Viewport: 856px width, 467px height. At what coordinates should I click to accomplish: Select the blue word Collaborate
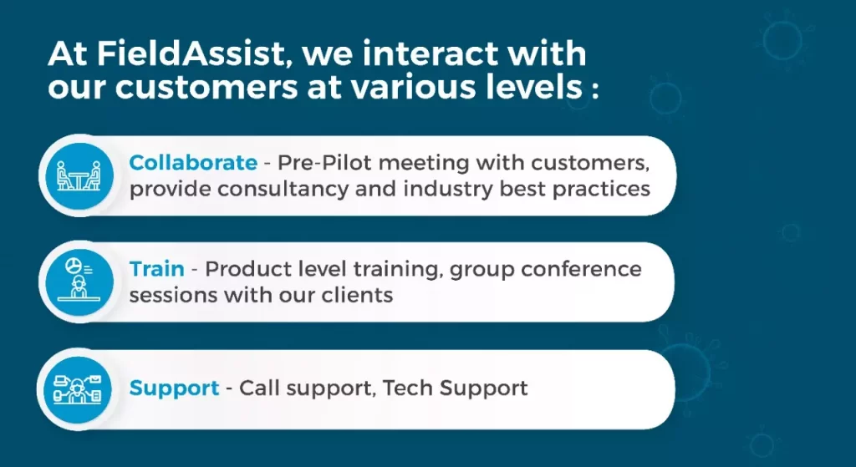pyautogui.click(x=193, y=162)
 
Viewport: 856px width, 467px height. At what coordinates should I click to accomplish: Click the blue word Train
pyautogui.click(x=156, y=269)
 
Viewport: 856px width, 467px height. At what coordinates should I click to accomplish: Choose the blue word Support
pyautogui.click(x=174, y=388)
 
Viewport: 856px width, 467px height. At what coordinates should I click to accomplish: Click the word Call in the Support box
pyautogui.click(x=257, y=388)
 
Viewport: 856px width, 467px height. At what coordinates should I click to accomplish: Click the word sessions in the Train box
pyautogui.click(x=172, y=295)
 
